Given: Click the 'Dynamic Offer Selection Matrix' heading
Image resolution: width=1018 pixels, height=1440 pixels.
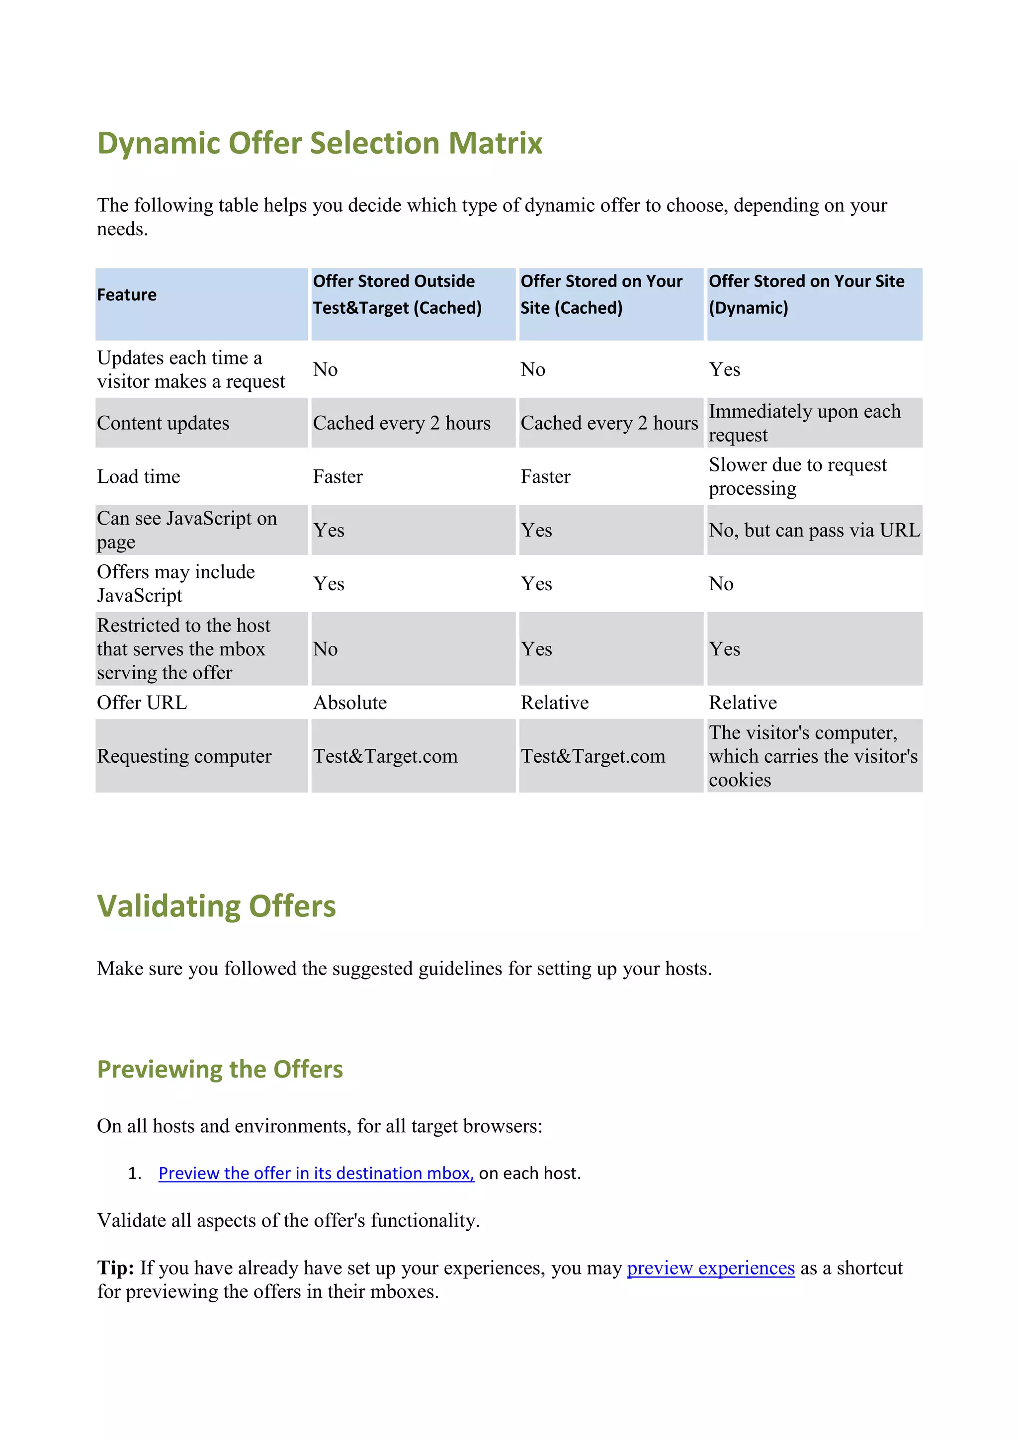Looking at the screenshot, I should [320, 143].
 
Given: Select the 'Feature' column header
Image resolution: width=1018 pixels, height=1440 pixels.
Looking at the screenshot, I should [127, 295].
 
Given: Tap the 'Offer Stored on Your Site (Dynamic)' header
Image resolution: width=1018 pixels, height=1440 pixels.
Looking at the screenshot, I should [806, 294].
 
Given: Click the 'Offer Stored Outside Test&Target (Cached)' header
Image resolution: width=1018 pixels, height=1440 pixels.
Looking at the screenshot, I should [397, 294].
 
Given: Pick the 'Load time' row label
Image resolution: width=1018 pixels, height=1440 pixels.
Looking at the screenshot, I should [139, 477].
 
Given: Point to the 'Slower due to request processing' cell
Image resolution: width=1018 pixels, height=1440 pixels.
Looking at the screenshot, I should [797, 477].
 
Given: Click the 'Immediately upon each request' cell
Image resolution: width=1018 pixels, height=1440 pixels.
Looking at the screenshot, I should [804, 423].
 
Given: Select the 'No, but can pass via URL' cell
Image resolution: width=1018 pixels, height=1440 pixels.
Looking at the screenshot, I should [814, 531].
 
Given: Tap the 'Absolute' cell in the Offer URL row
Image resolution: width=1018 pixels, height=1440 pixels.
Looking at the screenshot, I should [350, 703].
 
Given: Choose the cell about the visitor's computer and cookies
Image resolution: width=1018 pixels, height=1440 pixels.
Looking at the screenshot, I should [812, 756].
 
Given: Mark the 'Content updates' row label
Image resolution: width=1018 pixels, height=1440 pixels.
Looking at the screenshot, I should [163, 423].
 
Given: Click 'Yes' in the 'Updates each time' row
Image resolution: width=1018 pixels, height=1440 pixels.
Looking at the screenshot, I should [724, 369].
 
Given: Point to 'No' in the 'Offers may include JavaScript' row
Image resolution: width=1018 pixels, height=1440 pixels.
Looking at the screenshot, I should [721, 584].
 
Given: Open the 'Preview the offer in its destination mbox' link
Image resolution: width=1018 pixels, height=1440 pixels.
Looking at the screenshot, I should [316, 1173].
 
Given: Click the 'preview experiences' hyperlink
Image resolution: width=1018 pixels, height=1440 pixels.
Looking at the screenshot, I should [710, 1267].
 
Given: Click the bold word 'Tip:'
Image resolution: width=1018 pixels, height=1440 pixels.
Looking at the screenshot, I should [115, 1267].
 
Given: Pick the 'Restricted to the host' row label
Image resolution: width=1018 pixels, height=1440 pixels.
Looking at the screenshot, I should [183, 649].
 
